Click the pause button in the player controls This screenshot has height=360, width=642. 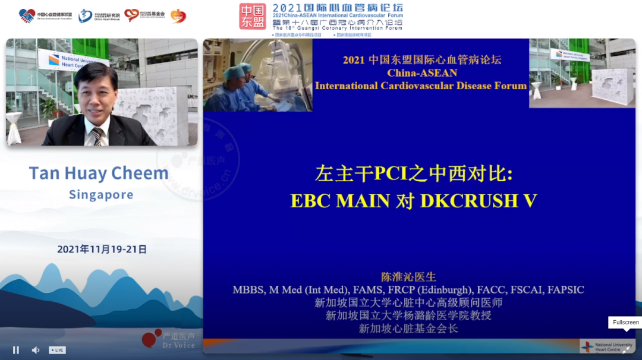click(16, 350)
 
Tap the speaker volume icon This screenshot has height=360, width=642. click(35, 350)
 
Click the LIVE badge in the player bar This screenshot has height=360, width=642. click(57, 350)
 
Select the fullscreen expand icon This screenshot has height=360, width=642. click(626, 350)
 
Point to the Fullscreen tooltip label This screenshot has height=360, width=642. click(625, 323)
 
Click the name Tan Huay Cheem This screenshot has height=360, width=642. click(99, 173)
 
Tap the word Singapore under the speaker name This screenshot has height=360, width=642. click(101, 195)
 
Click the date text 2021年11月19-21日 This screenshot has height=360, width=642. click(102, 250)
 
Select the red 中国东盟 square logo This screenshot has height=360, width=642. click(253, 16)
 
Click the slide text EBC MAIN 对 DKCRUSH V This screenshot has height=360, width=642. click(413, 201)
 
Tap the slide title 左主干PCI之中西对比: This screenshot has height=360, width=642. click(413, 173)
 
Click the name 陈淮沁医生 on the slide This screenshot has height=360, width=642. click(408, 277)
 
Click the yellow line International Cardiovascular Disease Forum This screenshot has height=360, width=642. click(421, 86)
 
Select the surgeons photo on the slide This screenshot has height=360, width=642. click(257, 75)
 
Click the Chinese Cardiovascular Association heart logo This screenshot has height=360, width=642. click(27, 15)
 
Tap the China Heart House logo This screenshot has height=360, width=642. click(86, 15)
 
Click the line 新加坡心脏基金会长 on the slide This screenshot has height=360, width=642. click(408, 328)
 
